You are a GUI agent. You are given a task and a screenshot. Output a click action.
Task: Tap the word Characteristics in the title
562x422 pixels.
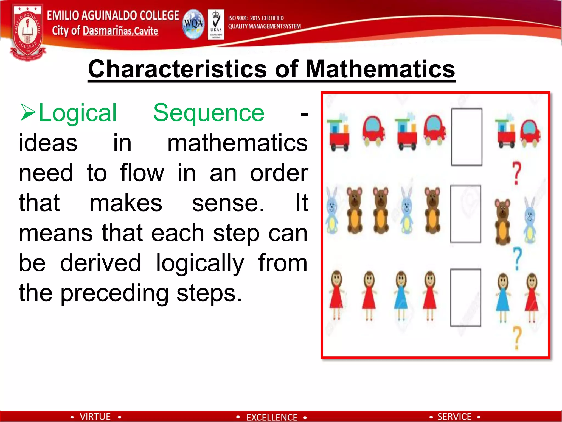177,69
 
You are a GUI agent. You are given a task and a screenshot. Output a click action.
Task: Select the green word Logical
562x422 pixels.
78,113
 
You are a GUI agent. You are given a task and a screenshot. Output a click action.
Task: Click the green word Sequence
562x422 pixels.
209,113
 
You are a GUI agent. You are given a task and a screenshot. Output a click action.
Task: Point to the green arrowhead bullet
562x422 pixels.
28,112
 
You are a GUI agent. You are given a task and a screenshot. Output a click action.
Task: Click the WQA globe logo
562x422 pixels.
193,24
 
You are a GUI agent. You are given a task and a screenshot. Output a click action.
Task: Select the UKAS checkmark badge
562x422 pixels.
216,24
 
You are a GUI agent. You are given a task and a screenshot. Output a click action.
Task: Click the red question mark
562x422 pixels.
516,173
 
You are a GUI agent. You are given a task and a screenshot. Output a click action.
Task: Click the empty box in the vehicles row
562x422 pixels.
467,137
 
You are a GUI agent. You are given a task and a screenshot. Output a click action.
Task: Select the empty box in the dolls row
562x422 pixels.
466,298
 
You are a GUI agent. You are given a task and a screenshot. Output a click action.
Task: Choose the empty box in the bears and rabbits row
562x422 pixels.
466,214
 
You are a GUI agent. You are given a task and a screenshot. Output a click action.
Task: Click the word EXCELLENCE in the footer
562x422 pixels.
272,417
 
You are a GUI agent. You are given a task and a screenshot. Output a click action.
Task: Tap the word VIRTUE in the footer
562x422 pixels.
95,417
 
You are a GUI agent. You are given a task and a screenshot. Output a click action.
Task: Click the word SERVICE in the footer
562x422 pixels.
454,417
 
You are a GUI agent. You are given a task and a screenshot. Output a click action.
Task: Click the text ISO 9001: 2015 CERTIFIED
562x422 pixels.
256,18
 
